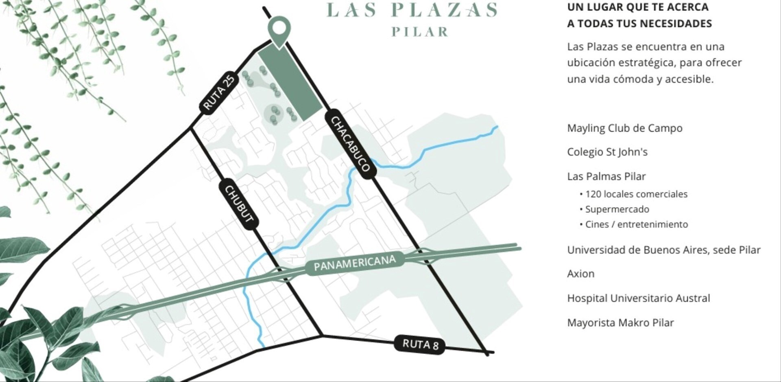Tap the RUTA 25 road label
click(x=219, y=92)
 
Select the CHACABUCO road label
click(x=350, y=144)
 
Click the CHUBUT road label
click(x=239, y=204)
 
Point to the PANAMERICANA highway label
click(x=354, y=263)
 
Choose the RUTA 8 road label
click(x=420, y=345)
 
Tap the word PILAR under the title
click(x=420, y=32)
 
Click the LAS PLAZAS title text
click(x=412, y=10)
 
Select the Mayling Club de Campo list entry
click(x=624, y=128)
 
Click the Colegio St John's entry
click(x=607, y=152)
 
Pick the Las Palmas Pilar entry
click(x=606, y=176)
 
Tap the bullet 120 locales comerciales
click(x=636, y=194)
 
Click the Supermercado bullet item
click(x=617, y=209)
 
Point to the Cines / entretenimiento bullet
click(x=636, y=224)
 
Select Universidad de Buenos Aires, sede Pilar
click(x=663, y=250)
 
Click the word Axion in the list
click(x=580, y=274)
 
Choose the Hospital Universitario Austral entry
click(x=638, y=298)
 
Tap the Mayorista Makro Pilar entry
click(x=620, y=323)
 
